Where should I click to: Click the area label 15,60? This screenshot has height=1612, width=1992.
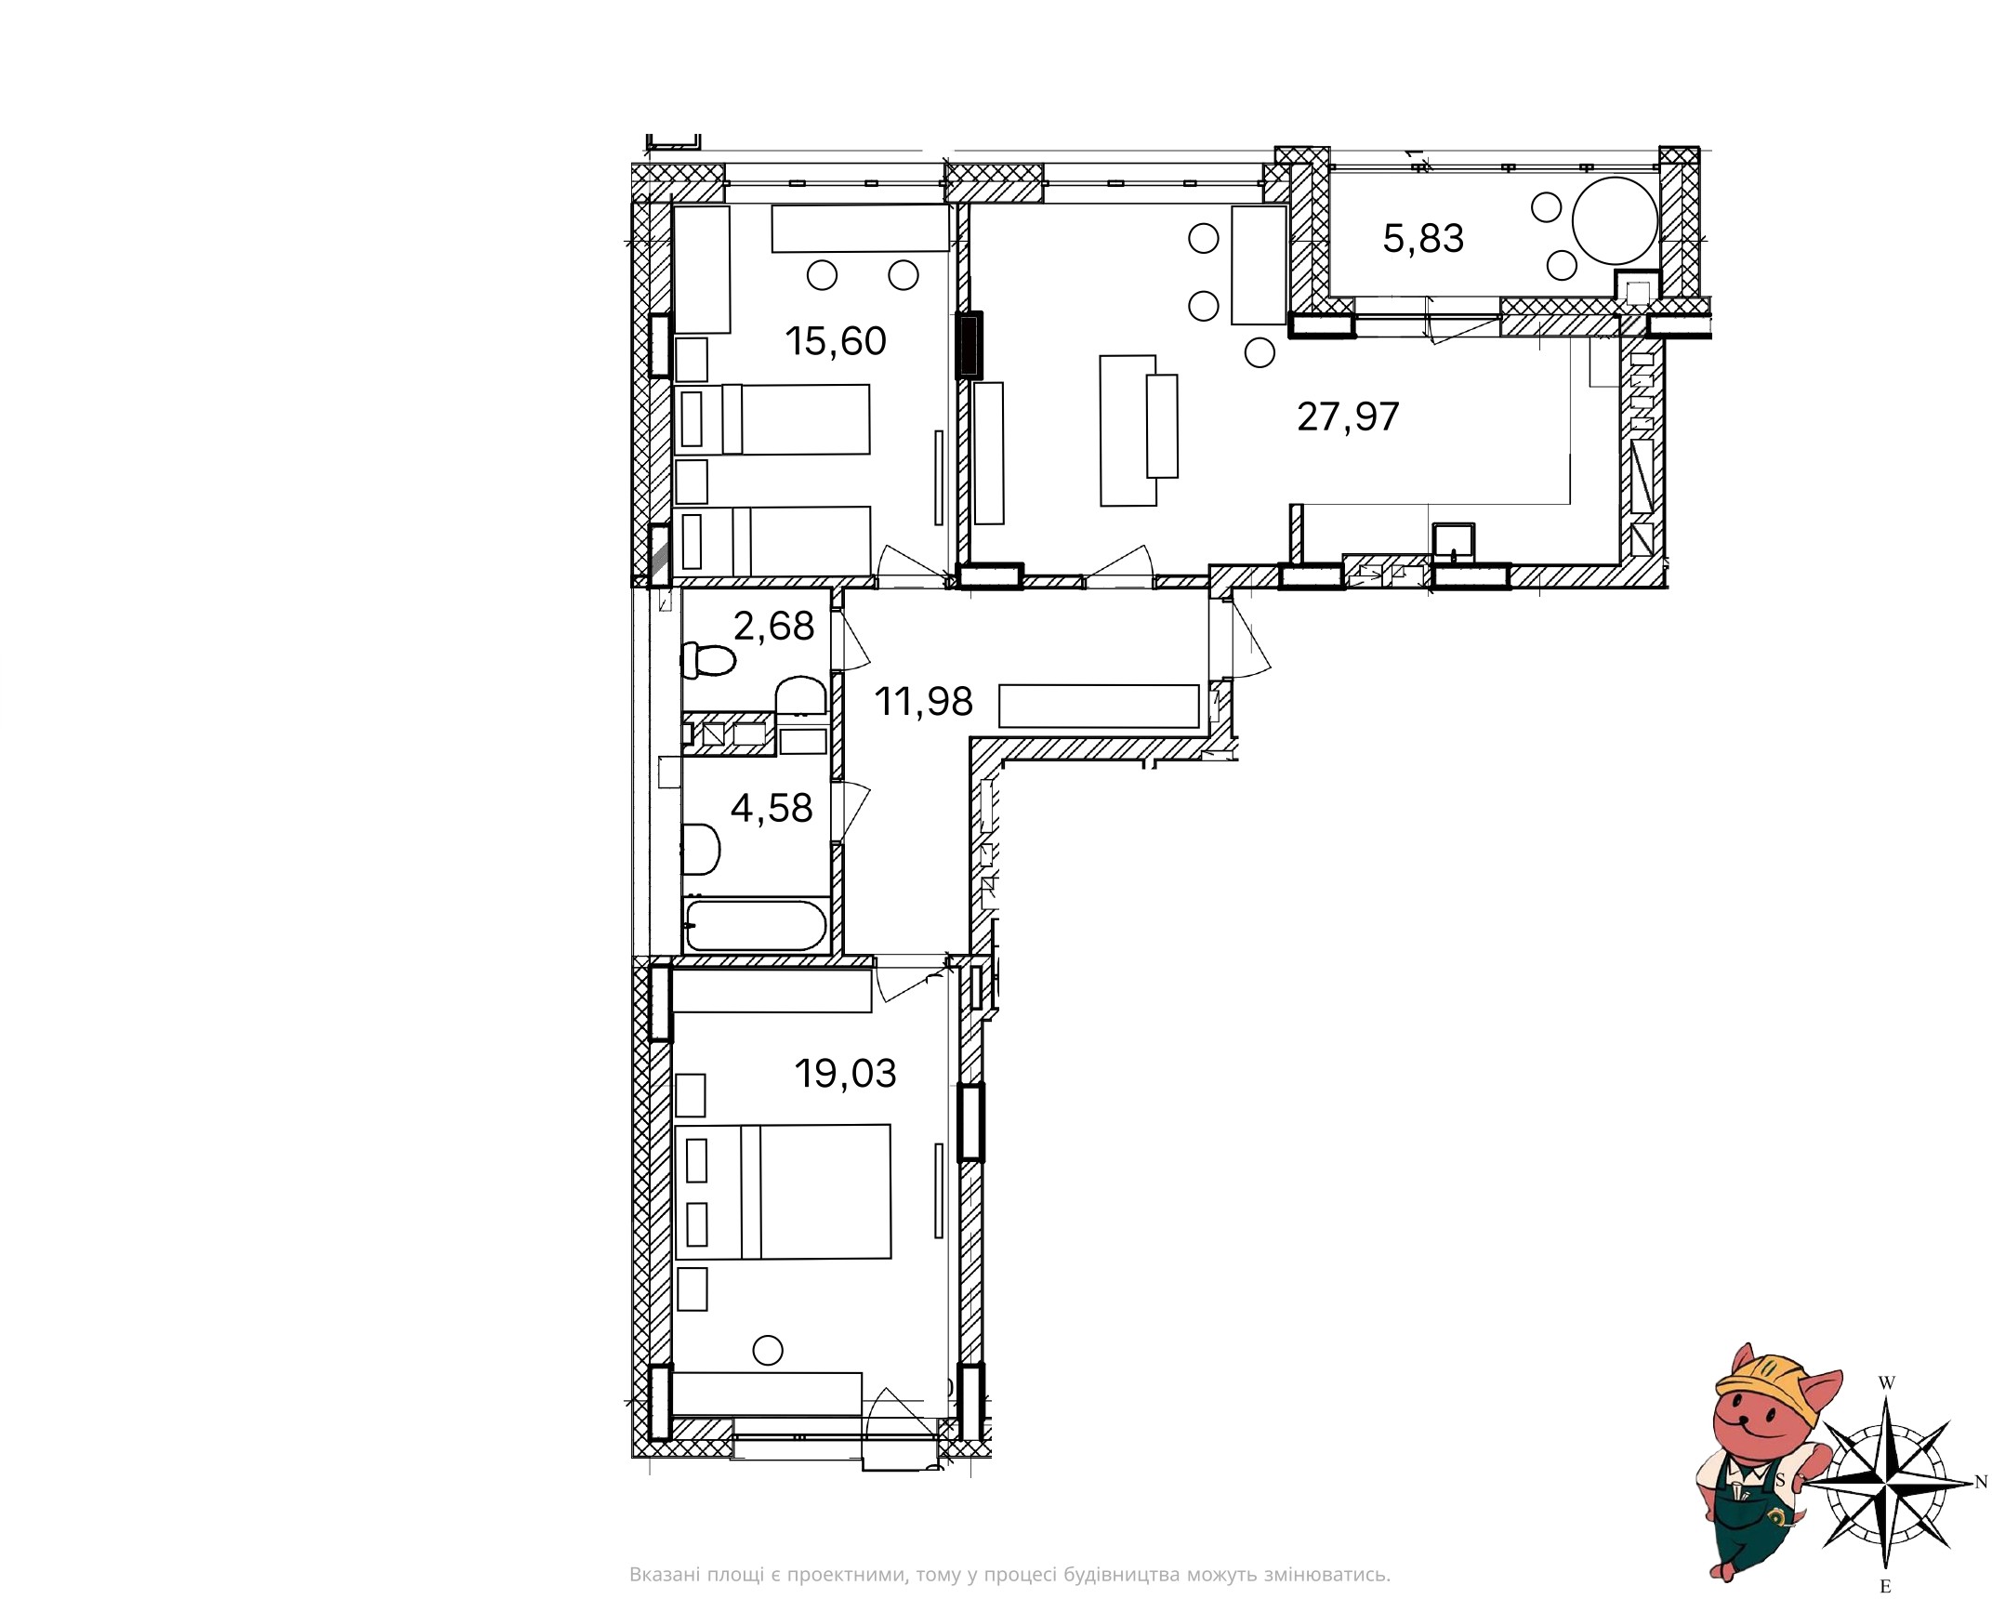(x=836, y=341)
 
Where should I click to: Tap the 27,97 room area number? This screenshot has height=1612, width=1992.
(x=1348, y=416)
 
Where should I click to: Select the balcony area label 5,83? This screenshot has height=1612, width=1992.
(x=1423, y=239)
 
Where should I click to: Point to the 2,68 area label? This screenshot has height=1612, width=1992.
(x=773, y=627)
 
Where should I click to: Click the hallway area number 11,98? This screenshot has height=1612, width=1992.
(x=923, y=702)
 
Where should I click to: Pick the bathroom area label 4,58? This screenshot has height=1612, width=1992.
(x=772, y=809)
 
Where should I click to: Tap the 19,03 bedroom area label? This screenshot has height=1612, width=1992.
(x=845, y=1074)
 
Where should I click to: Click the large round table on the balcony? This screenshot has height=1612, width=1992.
(x=1615, y=220)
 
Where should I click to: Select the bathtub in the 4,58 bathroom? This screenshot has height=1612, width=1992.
(x=756, y=925)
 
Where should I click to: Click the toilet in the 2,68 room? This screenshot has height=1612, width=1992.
(x=708, y=661)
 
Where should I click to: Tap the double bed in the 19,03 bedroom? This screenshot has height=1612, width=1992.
(x=784, y=1192)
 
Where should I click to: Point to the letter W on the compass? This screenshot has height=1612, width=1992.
(x=1886, y=1383)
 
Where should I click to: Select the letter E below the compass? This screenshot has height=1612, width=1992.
(x=1885, y=1587)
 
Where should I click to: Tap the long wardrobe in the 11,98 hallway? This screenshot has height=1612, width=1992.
(x=1099, y=706)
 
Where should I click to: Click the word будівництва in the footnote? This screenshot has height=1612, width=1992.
(x=1121, y=1575)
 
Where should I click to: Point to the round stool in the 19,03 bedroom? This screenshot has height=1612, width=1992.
(x=768, y=1349)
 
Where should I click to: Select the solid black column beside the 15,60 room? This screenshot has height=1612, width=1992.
(x=969, y=345)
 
